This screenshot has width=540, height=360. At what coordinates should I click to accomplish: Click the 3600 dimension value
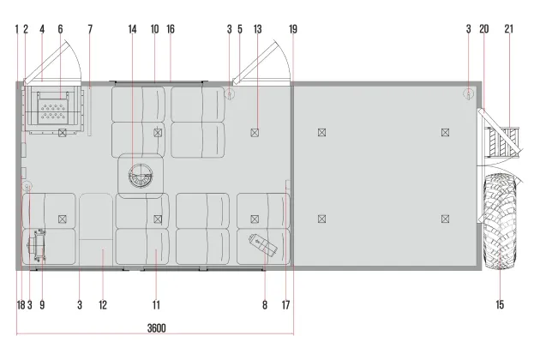click(x=156, y=328)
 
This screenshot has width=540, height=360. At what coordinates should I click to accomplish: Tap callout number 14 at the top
click(x=132, y=29)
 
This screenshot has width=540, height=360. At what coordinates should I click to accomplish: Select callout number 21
click(x=508, y=29)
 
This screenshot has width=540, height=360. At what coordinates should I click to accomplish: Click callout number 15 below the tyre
click(x=500, y=304)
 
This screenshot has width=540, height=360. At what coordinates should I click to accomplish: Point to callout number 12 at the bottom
click(x=103, y=305)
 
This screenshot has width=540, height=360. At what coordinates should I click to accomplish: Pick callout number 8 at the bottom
click(x=265, y=305)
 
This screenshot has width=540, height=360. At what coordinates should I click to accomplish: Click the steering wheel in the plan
click(x=141, y=176)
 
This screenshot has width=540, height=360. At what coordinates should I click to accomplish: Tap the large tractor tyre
click(x=500, y=221)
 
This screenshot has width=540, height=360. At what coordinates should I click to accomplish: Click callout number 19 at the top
click(x=293, y=29)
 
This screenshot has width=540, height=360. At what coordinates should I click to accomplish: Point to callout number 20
click(x=484, y=29)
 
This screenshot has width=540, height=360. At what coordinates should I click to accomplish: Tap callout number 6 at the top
click(x=60, y=29)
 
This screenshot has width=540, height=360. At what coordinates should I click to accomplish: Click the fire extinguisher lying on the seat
click(x=263, y=244)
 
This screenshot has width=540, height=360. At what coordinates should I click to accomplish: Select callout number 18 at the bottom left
click(x=21, y=305)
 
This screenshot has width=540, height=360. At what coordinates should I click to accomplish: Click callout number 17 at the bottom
click(x=285, y=305)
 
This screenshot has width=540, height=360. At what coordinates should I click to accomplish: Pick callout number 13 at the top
click(x=257, y=29)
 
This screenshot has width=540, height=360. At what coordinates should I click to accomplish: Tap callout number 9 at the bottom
click(x=42, y=305)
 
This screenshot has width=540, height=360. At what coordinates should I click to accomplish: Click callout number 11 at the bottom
click(x=156, y=305)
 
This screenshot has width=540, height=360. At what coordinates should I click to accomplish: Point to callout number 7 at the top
click(x=90, y=29)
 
